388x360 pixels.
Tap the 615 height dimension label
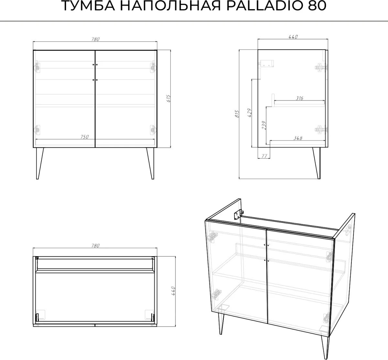pos(168,98)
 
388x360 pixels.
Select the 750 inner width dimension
pos(85,137)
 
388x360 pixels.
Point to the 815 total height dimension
pos(237,114)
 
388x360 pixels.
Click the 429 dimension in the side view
pos(250,113)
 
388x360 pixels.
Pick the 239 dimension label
pos(264,125)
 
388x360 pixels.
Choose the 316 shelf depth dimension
pos(299,98)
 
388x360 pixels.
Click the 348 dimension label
pos(298,138)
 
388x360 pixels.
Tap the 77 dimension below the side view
pos(264,156)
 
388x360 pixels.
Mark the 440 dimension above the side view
pos(293,37)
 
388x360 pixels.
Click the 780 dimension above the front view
pos(95,39)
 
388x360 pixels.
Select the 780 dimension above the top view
pos(95,245)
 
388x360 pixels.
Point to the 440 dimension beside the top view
pos(173,291)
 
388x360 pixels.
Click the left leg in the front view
pos(39,163)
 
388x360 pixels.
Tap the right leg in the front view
pos(151,163)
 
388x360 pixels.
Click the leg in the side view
pos(317,163)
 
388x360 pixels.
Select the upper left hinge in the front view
pos(37,66)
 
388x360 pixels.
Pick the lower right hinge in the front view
pos(153,130)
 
